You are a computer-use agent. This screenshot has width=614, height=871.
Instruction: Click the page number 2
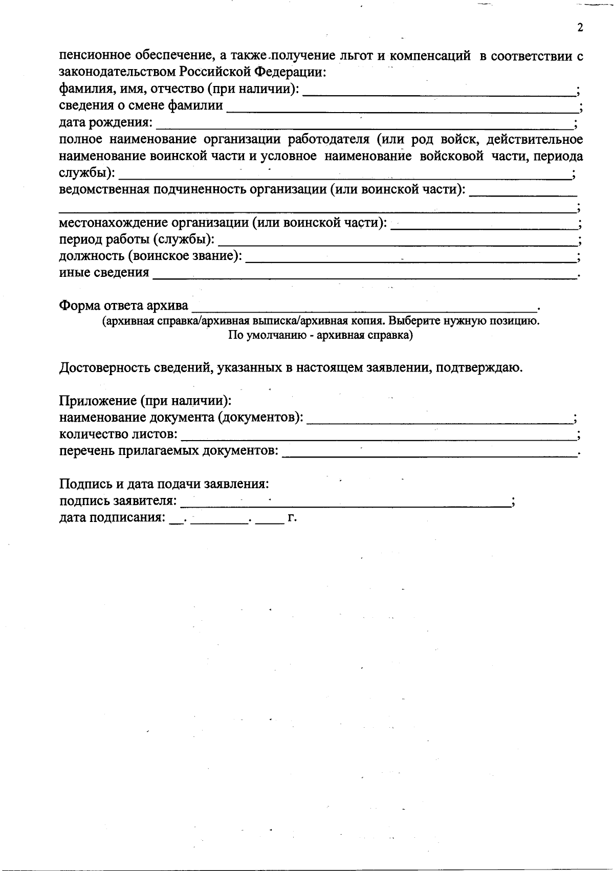[580, 28]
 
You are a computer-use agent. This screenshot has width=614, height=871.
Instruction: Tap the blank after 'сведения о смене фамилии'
[401, 106]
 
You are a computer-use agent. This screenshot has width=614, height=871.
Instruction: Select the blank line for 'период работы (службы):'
[397, 240]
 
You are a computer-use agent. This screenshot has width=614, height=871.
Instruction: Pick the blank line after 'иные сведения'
[364, 273]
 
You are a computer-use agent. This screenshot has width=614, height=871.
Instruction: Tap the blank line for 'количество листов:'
[378, 435]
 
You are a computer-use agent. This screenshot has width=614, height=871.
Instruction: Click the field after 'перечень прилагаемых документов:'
[429, 451]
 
